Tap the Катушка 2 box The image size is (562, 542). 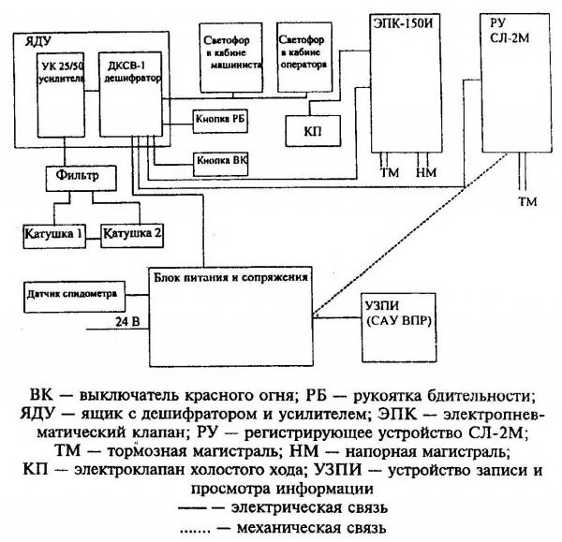132,230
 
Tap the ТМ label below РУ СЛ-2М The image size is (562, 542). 524,202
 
